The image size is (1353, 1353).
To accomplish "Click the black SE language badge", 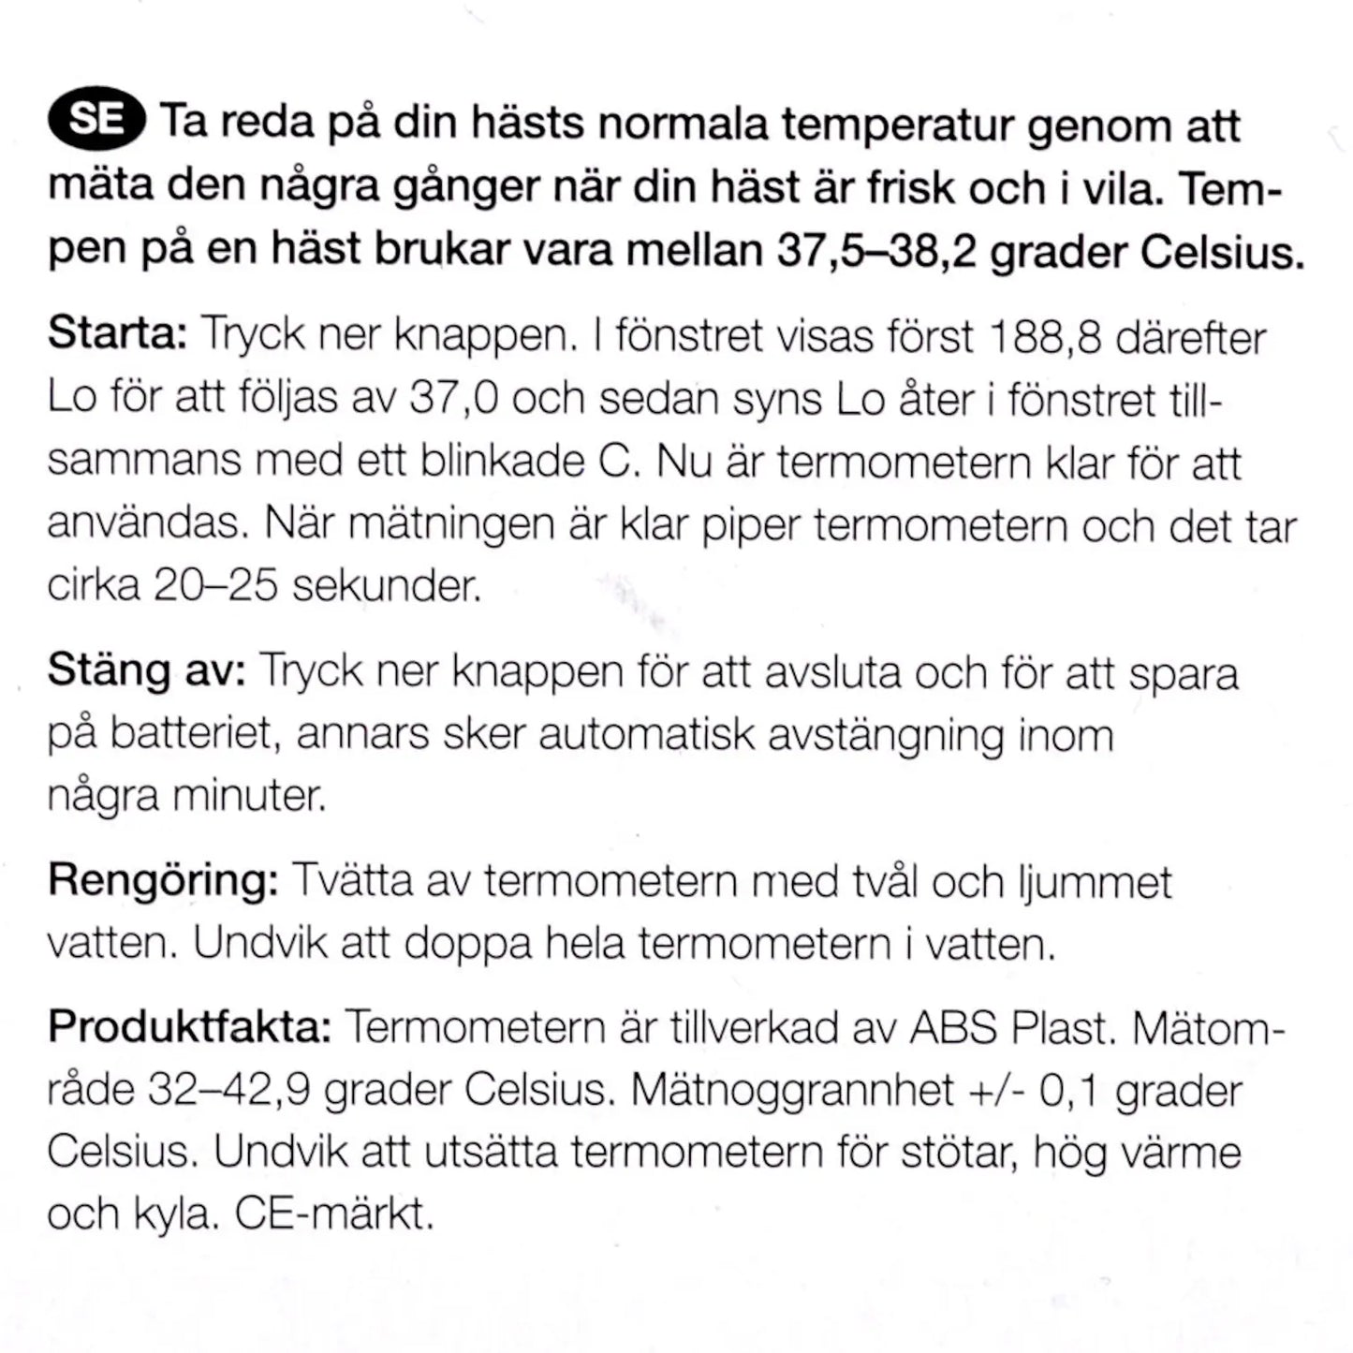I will (96, 122).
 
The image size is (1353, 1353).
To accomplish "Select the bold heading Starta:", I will (118, 334).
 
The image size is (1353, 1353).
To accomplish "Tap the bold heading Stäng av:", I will (146, 671).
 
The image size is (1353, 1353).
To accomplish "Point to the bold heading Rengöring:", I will (163, 881).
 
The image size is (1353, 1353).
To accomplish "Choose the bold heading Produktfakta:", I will (189, 1027).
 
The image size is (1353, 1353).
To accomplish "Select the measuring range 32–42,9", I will (229, 1090).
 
